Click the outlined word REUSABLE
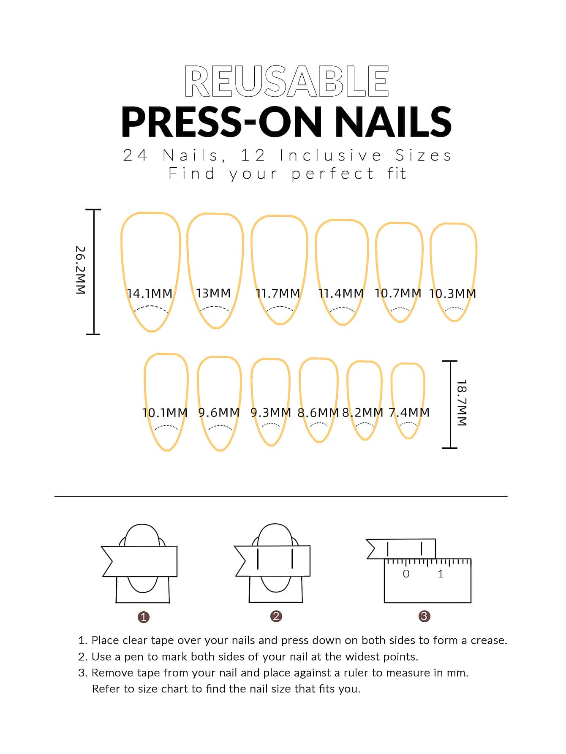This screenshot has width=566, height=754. [x=286, y=81]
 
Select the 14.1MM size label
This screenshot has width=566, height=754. [x=150, y=293]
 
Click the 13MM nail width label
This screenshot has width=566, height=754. [x=213, y=293]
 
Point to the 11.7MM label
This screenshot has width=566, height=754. [x=278, y=293]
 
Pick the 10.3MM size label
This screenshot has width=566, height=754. [x=452, y=294]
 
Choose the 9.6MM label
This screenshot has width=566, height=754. [x=219, y=412]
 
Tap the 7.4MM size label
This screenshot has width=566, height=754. [x=409, y=412]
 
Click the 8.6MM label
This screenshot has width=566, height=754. [x=318, y=412]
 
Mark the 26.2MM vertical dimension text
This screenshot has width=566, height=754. [x=81, y=270]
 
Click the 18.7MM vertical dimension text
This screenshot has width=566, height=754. [x=462, y=403]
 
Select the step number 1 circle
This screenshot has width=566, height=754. [x=144, y=617]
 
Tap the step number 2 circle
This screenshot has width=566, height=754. [x=276, y=616]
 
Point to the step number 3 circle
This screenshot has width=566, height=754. [x=424, y=616]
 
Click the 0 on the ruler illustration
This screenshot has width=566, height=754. [x=406, y=574]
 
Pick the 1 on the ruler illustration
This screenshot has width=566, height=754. [x=441, y=574]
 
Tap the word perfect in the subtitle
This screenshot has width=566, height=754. [x=332, y=174]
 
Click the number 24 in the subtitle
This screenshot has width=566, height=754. [x=135, y=155]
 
